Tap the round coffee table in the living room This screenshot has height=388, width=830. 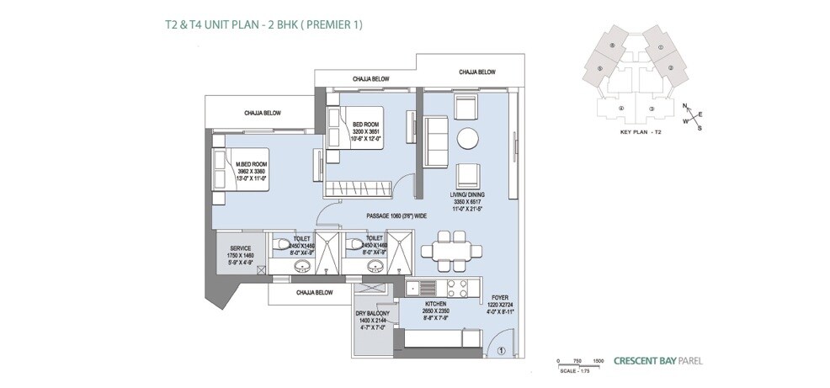pos(467,138)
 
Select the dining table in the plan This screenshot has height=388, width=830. pos(444,250)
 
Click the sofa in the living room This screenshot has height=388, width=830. pos(436,140)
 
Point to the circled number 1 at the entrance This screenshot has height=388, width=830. pos(500,352)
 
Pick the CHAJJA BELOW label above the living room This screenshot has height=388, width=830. pos(476,72)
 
